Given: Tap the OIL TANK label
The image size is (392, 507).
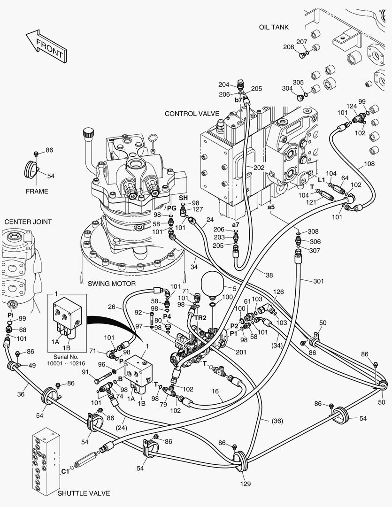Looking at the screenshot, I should click(x=274, y=27).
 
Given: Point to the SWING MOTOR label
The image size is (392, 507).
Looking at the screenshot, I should click(x=112, y=284).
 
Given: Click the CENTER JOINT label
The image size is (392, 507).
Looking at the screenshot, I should click(x=28, y=222).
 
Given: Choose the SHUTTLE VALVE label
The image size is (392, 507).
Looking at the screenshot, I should click(x=84, y=493).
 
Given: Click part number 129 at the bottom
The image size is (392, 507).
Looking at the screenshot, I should click(x=246, y=484).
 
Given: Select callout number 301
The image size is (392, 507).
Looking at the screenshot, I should click(x=318, y=281).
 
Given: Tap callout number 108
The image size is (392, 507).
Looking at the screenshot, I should click(x=369, y=164).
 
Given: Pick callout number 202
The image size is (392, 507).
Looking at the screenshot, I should click(x=259, y=168).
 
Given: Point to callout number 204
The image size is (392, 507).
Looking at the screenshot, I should click(x=223, y=84).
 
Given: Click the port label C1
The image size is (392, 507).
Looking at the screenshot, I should click(x=65, y=471).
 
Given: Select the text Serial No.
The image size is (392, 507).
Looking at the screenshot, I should click(x=66, y=357).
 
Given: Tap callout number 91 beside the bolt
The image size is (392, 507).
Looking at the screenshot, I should click(x=85, y=373).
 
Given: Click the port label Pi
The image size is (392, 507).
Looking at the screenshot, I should click(x=10, y=314).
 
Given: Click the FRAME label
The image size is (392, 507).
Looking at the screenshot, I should click(x=37, y=192).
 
